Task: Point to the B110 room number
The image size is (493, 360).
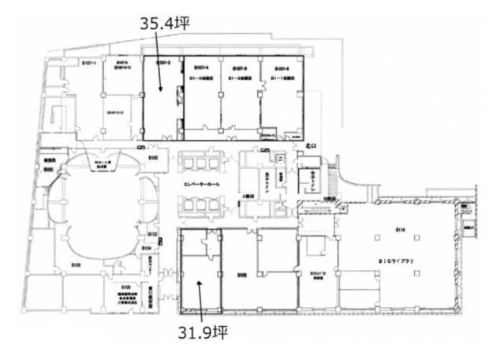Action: tap(400, 230)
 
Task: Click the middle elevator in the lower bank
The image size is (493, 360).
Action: tap(199, 204)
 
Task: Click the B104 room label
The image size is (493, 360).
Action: tap(147, 247)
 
